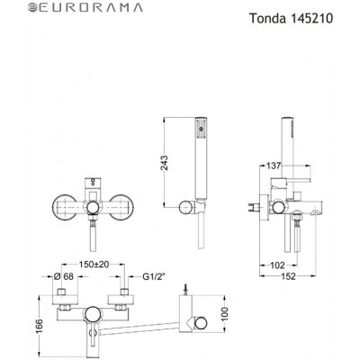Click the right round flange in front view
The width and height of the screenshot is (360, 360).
121,206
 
